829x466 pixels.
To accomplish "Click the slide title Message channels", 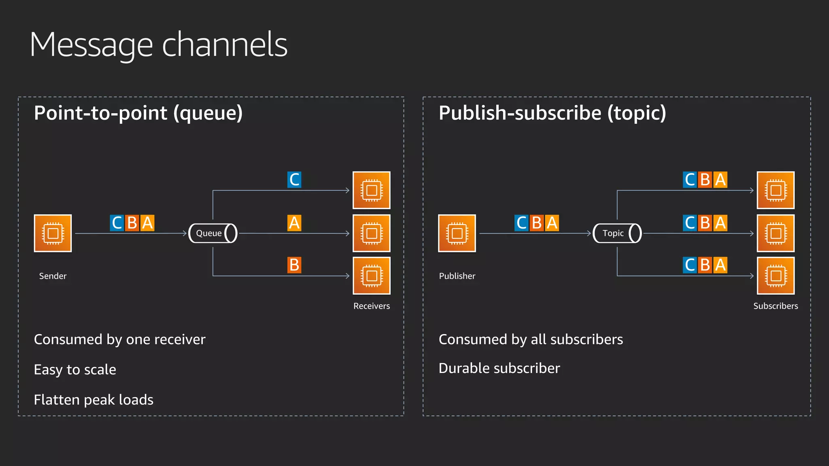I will pos(158,45).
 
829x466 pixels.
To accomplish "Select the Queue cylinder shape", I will pos(213,233).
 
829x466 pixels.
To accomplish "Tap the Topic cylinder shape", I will pos(617,233).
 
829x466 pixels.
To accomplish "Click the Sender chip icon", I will pos(53,233).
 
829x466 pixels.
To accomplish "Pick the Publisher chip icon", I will pos(457,233).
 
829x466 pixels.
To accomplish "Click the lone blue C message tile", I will pos(294,180).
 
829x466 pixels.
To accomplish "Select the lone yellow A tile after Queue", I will pos(294,223).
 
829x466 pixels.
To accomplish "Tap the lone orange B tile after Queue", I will pos(294,265).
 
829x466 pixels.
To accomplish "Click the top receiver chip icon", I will pos(372,190).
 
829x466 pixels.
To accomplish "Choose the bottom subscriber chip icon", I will pos(776,276).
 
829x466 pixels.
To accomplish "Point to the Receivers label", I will pos(372,306).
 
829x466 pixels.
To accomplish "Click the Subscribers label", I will pos(776,306).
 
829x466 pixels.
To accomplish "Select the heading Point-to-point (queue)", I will pos(138,113).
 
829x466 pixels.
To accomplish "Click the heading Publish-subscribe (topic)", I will pos(552,113).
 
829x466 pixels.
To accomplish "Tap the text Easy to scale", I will pos(75,370).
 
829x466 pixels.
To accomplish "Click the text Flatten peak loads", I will pos(94,400).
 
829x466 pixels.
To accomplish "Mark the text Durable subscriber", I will pos(499,369).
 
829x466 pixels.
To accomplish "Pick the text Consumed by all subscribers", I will pos(531,339).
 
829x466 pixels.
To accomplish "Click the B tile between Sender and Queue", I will pos(132,223).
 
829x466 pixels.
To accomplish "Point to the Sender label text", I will pos(53,276).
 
